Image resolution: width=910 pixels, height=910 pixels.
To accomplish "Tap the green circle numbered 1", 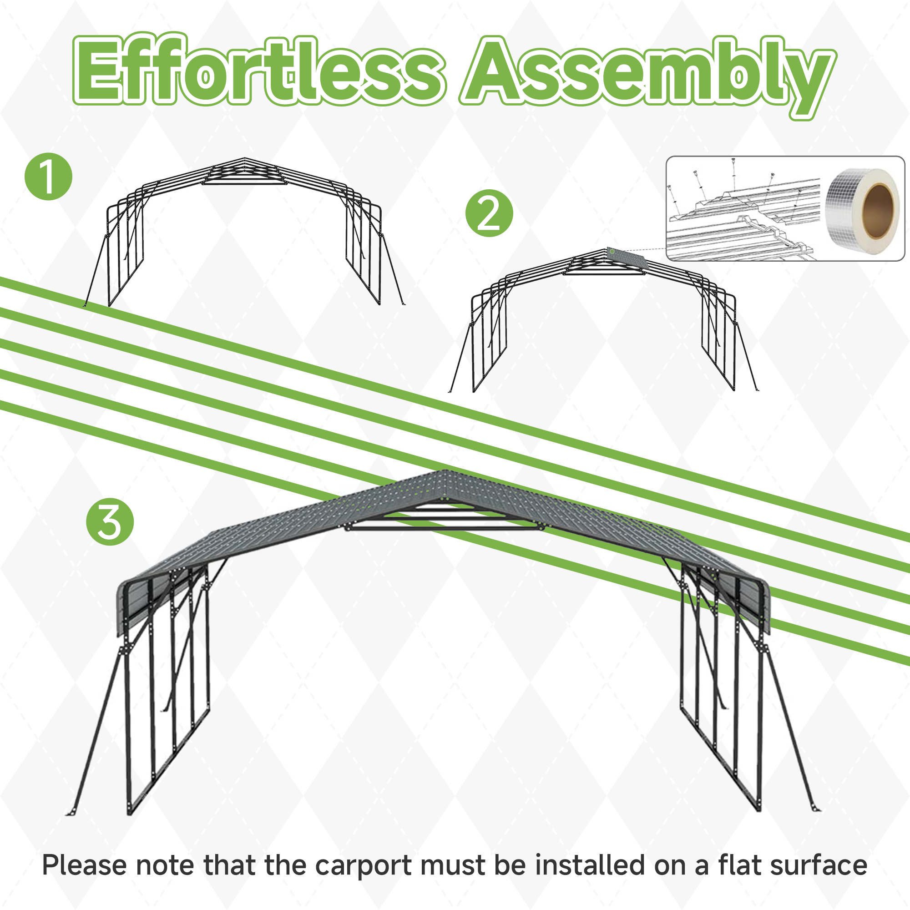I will pos(49,177).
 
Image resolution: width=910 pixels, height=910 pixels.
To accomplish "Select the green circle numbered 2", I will pos(489,213).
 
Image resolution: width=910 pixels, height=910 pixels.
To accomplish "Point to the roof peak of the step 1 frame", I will pos(244,159).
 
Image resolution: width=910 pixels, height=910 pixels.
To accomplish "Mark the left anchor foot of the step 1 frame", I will pos(85,304).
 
